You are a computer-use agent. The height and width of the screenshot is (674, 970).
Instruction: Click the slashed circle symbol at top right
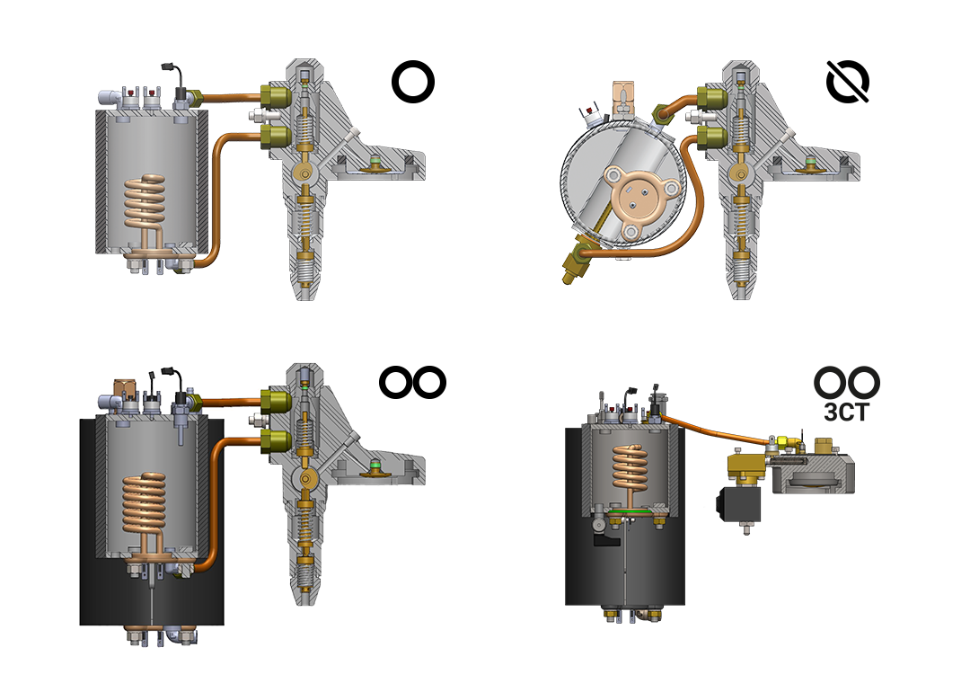848,81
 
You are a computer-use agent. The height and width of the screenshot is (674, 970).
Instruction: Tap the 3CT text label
847,412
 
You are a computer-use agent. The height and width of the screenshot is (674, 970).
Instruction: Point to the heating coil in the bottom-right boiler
630,469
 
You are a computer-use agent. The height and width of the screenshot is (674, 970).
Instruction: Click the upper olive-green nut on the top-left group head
276,96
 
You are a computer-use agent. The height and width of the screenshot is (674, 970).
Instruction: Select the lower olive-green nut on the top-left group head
276,137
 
